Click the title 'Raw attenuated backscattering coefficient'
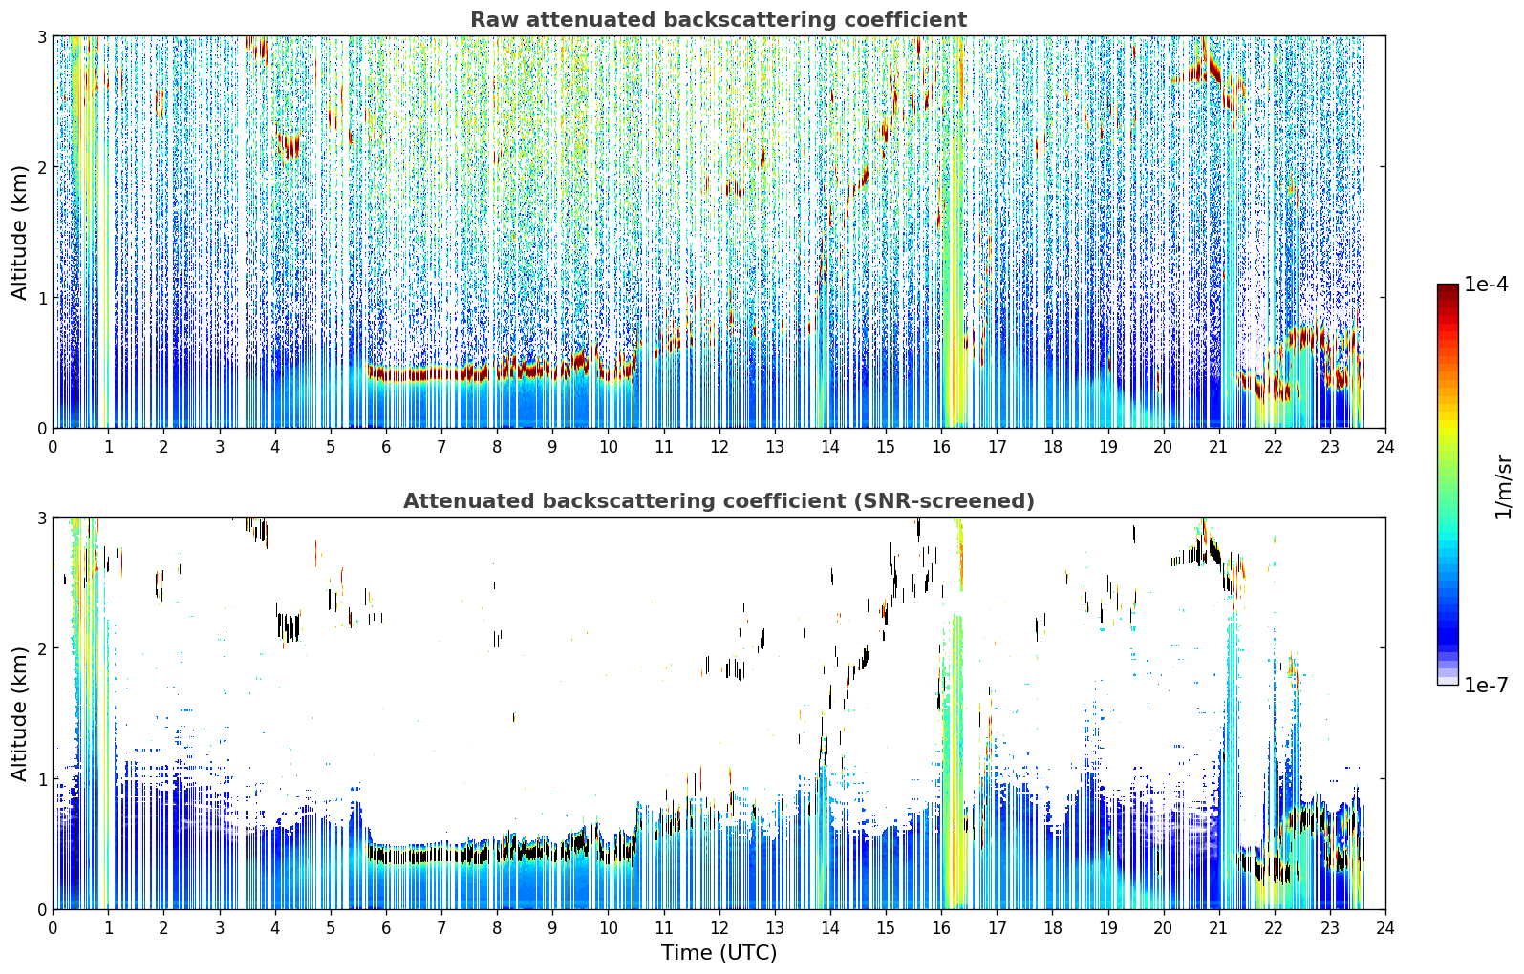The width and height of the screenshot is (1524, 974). tap(719, 20)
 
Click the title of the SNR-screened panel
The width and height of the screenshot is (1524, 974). tap(719, 500)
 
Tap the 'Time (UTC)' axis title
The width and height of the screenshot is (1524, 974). tap(719, 952)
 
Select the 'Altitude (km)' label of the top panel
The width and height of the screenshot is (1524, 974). tap(19, 233)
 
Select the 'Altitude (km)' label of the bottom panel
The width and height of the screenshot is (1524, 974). tap(19, 713)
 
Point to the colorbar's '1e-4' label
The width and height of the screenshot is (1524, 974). tap(1486, 285)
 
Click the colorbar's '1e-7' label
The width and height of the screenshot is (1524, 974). tap(1486, 685)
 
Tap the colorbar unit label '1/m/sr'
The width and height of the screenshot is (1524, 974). tap(1503, 487)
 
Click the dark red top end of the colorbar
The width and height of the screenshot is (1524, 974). tap(1448, 286)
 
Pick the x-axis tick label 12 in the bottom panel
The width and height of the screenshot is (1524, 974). tap(719, 927)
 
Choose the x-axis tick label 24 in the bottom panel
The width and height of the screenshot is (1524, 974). tap(1385, 927)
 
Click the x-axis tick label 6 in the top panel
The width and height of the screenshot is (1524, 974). tap(386, 446)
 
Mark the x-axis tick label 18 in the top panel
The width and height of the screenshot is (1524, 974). tap(1053, 446)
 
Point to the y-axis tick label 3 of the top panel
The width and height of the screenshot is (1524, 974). tap(41, 36)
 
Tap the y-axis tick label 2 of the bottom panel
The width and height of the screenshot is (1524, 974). tap(41, 648)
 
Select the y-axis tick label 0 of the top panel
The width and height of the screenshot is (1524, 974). tap(41, 428)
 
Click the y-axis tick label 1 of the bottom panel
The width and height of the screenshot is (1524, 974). tap(41, 779)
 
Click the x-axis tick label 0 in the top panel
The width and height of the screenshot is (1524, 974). tap(54, 446)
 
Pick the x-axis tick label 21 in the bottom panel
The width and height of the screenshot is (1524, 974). tap(1218, 927)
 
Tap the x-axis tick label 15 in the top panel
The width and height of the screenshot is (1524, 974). tap(886, 446)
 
